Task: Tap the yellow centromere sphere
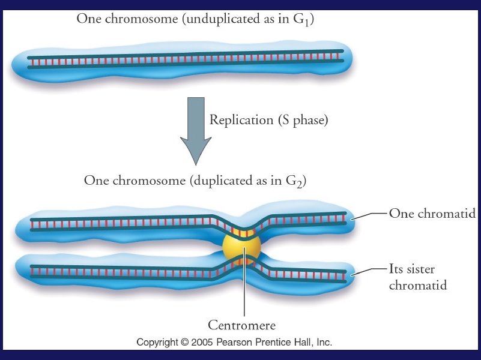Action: pyautogui.click(x=241, y=247)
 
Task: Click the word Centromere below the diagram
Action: pyautogui.click(x=241, y=326)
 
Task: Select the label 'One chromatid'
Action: pyautogui.click(x=432, y=213)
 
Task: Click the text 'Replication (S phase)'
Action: pyautogui.click(x=268, y=120)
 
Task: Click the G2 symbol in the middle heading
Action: pyautogui.click(x=298, y=181)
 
